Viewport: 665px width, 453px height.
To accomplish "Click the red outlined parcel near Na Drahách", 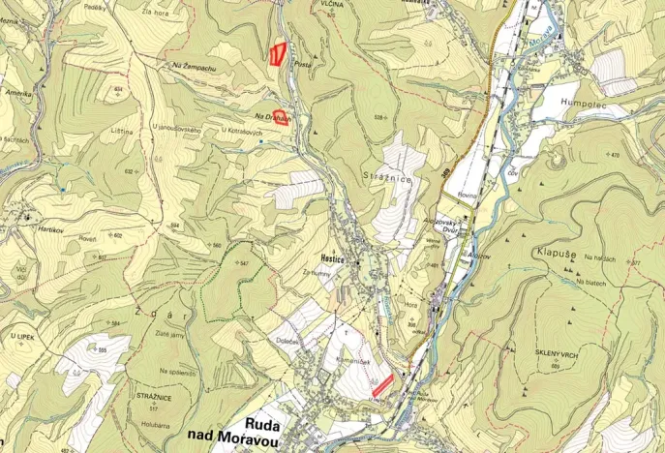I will pos(282,117).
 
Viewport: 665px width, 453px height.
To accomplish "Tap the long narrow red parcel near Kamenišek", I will pos(384,384).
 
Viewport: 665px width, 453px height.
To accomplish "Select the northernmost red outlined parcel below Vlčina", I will pos(278,53).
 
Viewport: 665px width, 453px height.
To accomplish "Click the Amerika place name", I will pos(17,93).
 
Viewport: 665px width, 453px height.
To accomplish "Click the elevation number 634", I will pos(118,88).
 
